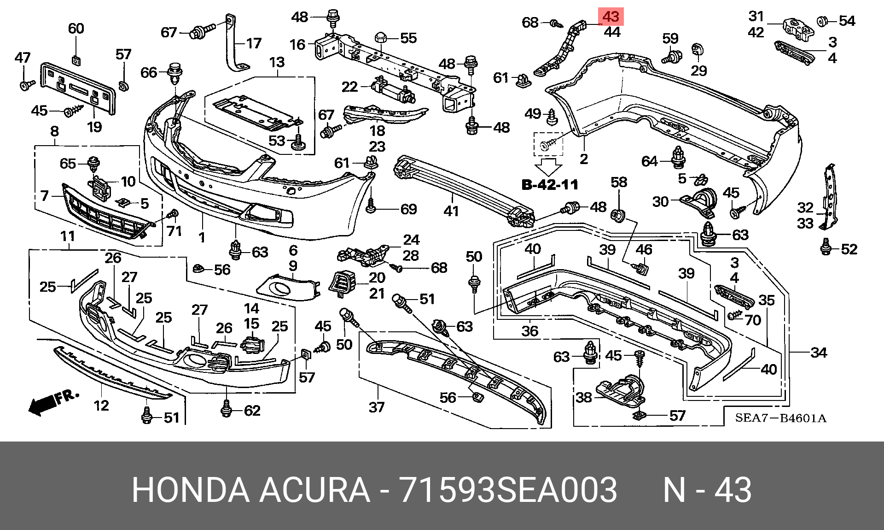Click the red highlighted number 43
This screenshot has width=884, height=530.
611,17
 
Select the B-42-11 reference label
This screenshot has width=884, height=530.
550,185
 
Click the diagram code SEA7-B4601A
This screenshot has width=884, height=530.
781,418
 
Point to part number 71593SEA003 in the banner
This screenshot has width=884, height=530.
508,489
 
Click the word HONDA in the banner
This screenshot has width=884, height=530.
191,489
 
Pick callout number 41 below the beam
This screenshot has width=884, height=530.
451,211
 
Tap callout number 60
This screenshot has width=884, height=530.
76,29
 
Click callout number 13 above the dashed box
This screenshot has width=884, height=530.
277,62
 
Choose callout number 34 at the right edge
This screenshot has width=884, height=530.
819,353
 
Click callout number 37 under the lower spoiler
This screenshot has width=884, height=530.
377,407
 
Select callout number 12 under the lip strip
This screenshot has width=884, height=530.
101,405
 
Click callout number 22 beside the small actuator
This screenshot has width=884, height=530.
350,87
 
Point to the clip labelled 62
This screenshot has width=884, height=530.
226,409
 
